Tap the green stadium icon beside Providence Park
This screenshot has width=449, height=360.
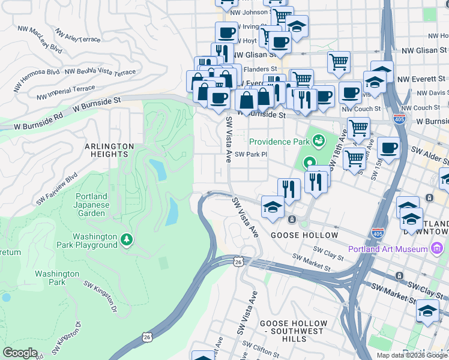[319, 142]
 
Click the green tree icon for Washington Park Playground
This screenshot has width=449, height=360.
[126, 240]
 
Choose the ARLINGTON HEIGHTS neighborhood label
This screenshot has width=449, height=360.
[109, 150]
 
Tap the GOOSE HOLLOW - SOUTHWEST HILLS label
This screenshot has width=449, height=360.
[294, 328]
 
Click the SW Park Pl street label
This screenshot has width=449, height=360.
[250, 154]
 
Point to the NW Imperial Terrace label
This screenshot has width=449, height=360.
[65, 92]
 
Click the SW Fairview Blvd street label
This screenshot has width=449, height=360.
[56, 188]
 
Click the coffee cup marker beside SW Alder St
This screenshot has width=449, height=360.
[388, 148]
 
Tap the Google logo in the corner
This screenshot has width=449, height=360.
[20, 352]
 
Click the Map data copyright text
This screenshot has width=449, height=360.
[412, 355]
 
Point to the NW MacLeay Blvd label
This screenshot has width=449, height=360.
[40, 38]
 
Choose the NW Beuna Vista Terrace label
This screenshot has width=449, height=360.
[100, 72]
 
